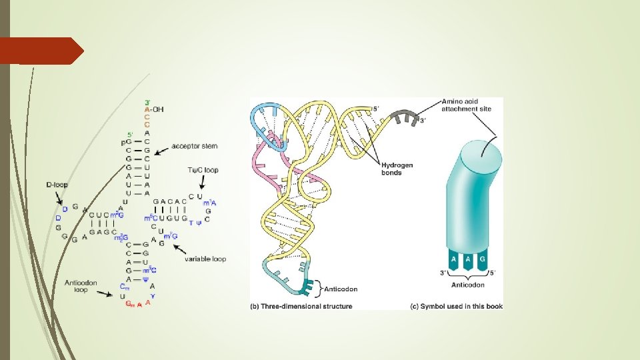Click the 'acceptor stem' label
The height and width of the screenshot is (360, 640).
point(194,146)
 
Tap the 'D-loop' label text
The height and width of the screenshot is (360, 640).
point(57,184)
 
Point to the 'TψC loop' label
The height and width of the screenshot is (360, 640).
point(203,171)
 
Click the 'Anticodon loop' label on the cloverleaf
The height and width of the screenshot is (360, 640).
point(81,286)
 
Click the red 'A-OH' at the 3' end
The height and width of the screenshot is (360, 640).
point(154,110)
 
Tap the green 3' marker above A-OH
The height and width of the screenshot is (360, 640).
point(147,102)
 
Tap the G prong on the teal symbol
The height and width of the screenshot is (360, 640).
point(481,259)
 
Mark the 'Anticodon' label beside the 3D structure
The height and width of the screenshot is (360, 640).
point(341,289)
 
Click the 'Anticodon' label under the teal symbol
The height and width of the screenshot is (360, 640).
point(467,285)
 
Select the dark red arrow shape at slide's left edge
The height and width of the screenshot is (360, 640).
point(40,51)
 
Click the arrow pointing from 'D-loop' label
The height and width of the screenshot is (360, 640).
point(60,198)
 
